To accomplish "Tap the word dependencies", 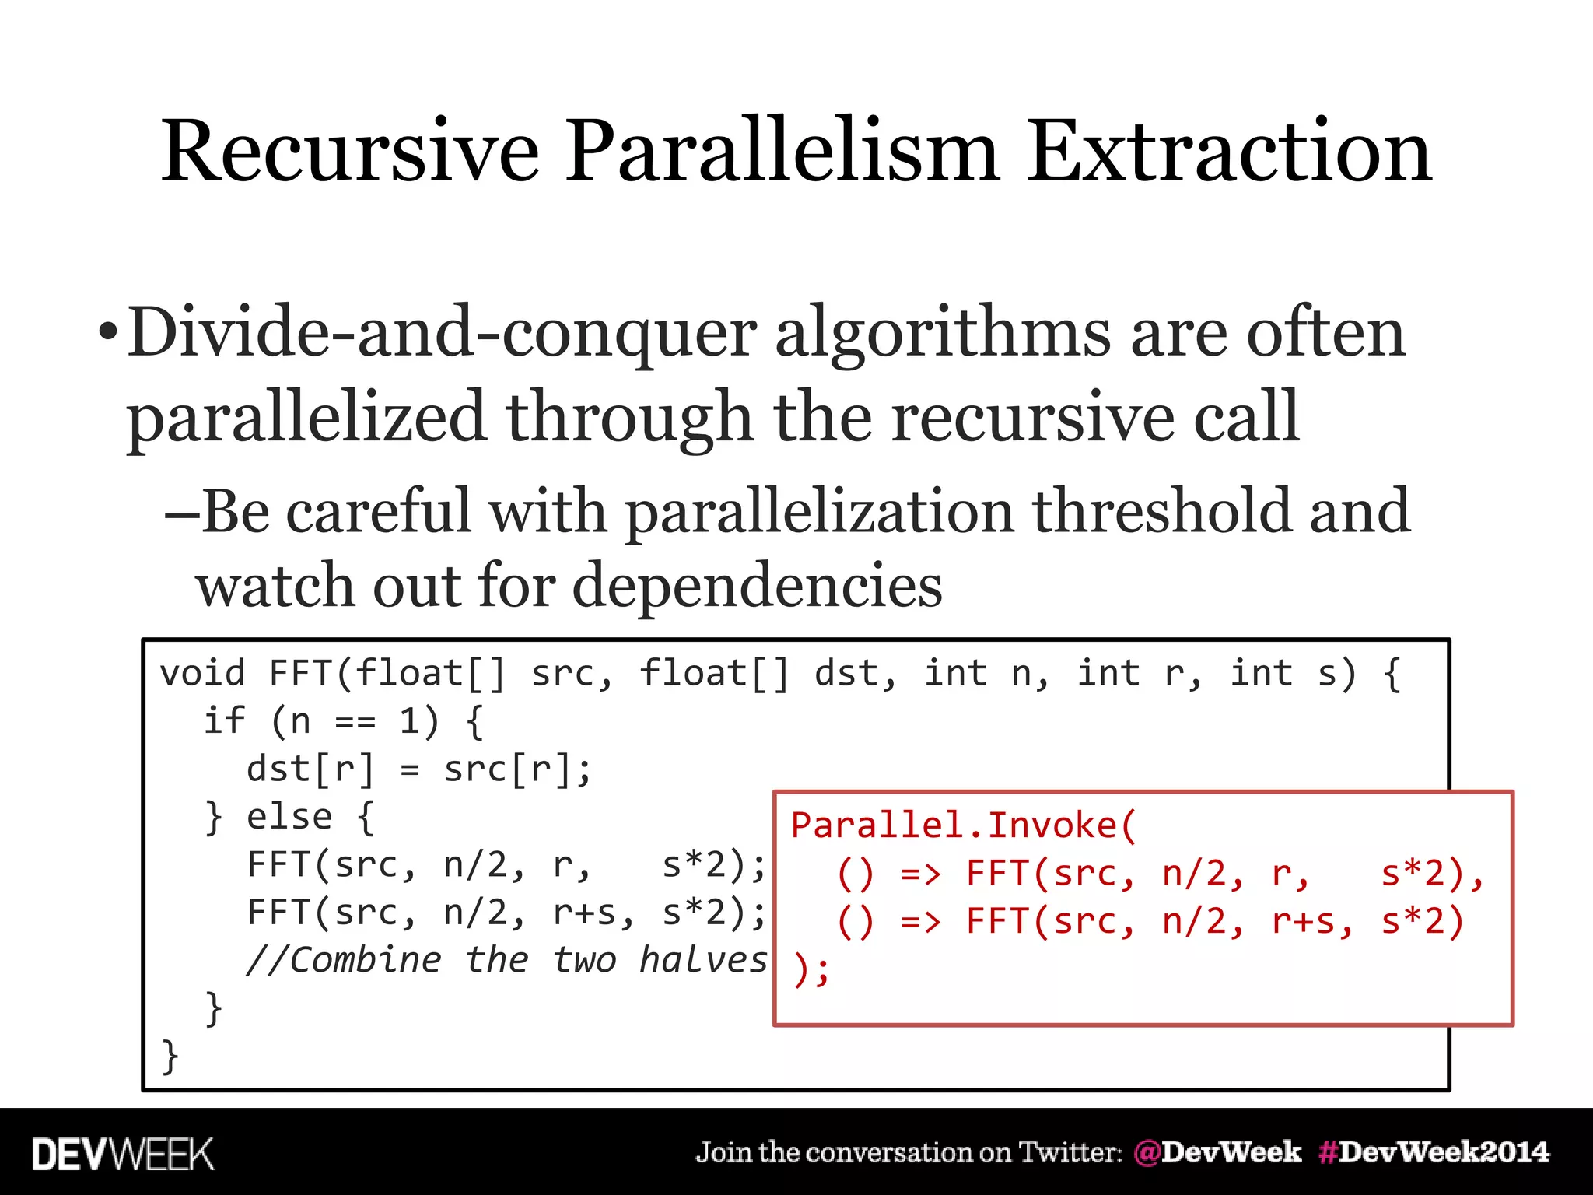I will click(758, 585).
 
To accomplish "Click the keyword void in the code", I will click(202, 673).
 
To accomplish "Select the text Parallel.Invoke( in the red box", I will click(964, 825).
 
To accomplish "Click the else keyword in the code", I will click(289, 817).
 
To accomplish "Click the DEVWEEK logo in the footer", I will click(123, 1154).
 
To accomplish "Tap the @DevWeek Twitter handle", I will click(1217, 1152).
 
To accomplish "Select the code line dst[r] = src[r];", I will click(419, 769).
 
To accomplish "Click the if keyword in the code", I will click(224, 721).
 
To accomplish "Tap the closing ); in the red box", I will click(811, 970).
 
